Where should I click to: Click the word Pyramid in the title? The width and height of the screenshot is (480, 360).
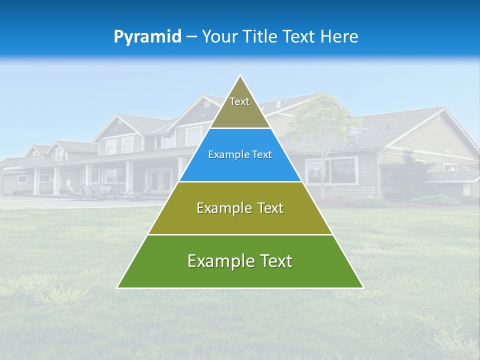point(147,37)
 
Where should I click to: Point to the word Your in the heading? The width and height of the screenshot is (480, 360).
point(218,37)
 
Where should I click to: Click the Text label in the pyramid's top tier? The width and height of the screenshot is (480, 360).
point(239,101)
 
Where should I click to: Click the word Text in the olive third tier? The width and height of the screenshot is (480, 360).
point(268,208)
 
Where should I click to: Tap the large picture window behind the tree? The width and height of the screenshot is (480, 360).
point(331,171)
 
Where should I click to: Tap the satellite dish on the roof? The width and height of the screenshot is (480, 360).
point(354,131)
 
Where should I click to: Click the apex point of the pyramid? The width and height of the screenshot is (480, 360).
point(240,75)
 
